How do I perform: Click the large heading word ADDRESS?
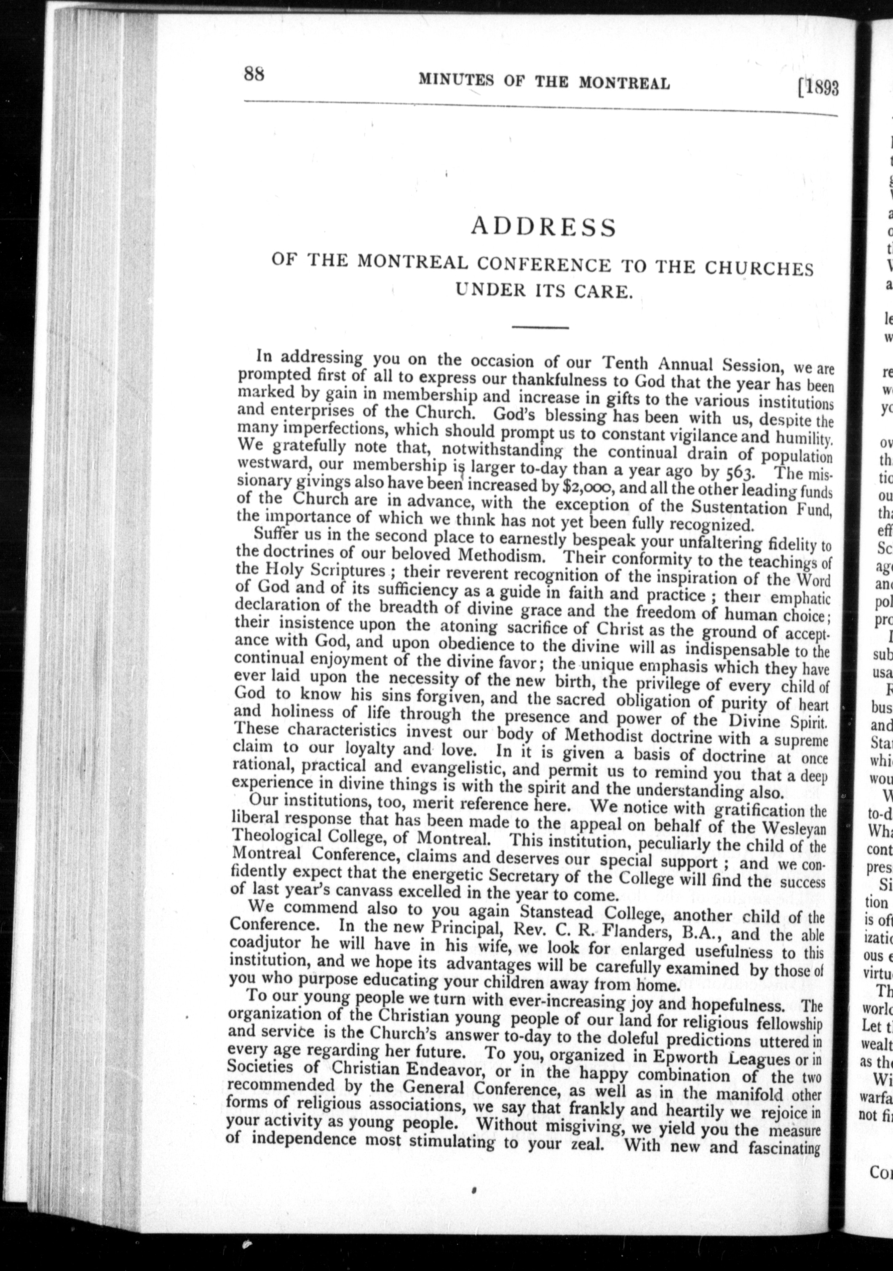[543, 227]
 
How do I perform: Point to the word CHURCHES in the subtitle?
[759, 268]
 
